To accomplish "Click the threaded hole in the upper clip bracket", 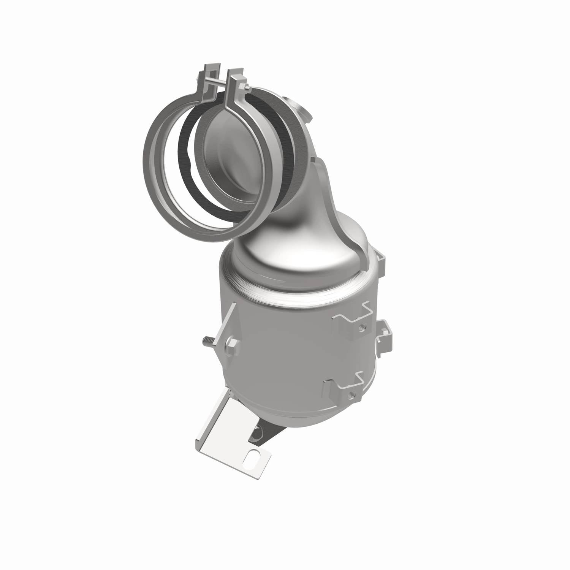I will [364, 326].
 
